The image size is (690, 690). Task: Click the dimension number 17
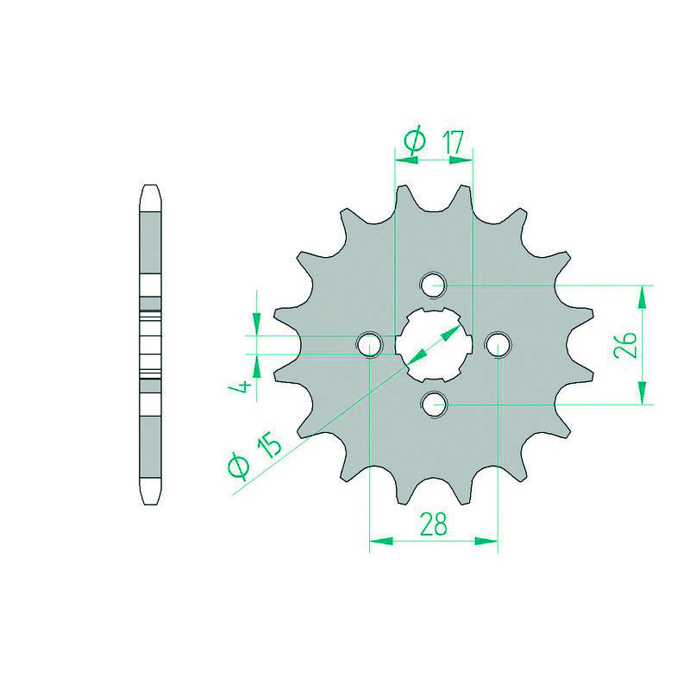pos(455,141)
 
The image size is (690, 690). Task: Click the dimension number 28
pos(434,524)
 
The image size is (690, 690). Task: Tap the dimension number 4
pos(241,386)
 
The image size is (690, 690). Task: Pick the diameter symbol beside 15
pos(238,467)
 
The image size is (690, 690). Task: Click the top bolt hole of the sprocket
pos(434,285)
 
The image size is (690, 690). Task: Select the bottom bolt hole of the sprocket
pos(434,404)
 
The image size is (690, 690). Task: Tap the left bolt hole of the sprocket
pos(369,344)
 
